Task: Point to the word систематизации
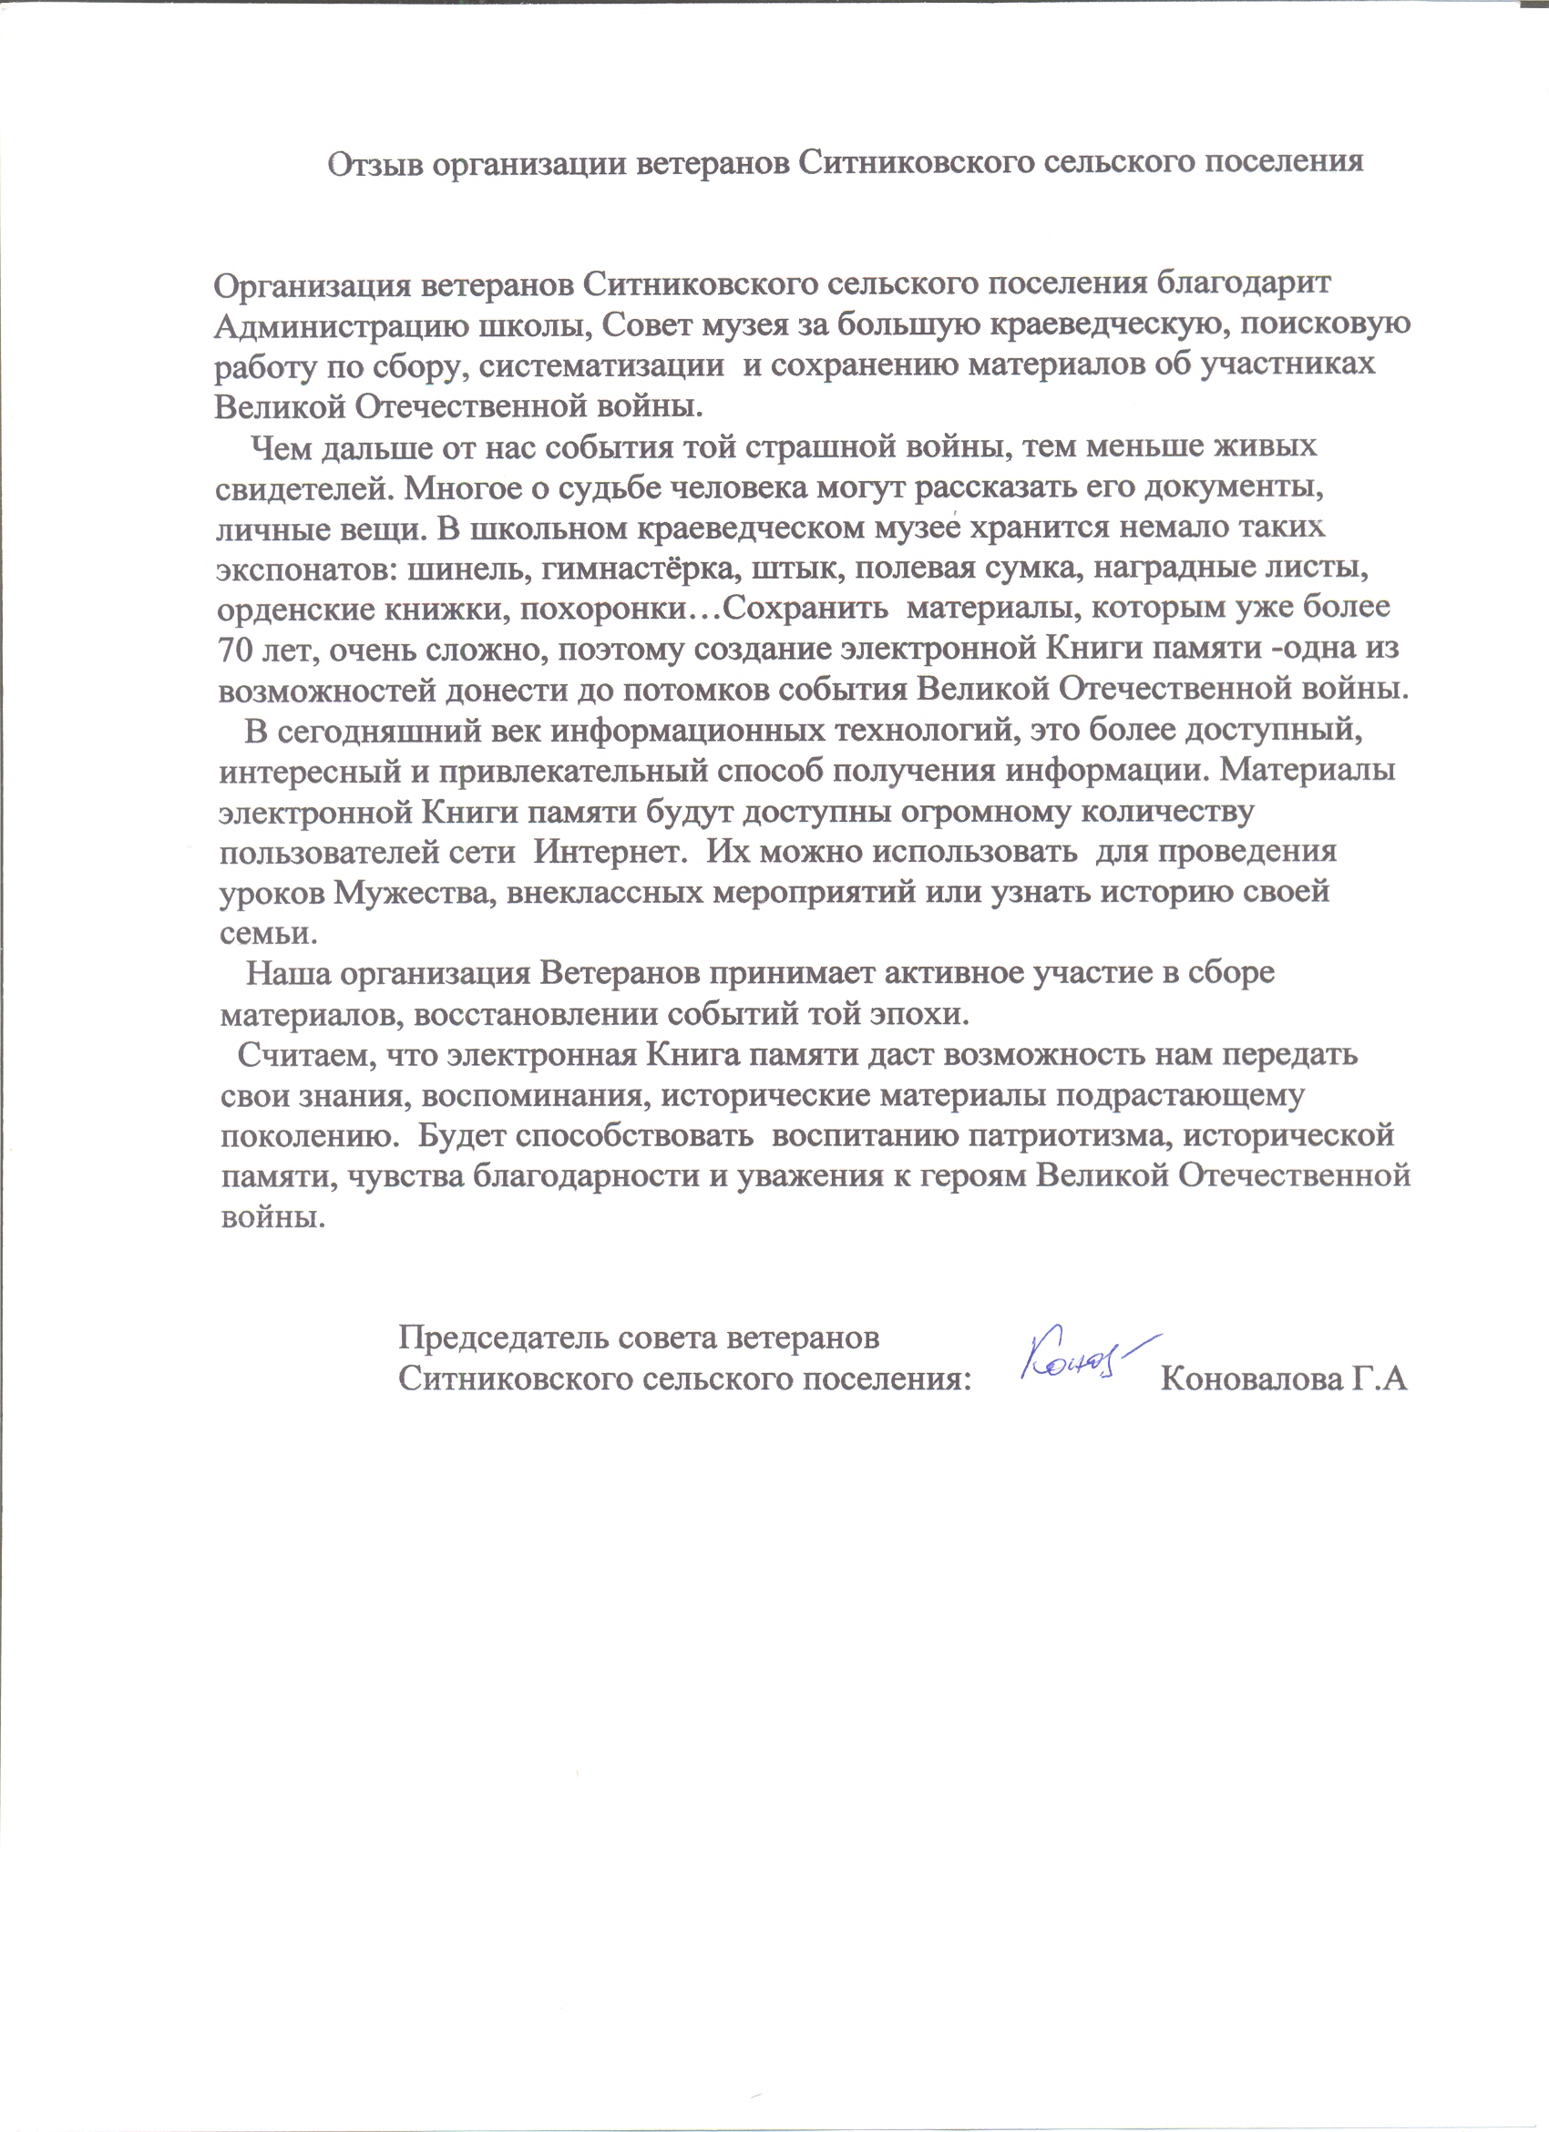tap(602, 365)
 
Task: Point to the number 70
tap(235, 650)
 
